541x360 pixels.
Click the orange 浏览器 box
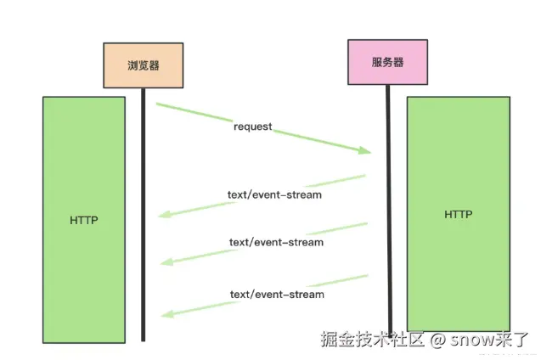[144, 65]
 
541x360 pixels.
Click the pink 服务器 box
[388, 62]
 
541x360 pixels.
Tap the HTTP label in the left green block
[84, 220]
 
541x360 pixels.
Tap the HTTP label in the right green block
[459, 215]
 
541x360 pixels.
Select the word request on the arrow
[253, 127]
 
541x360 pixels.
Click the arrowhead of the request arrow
[365, 150]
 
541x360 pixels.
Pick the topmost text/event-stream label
[274, 194]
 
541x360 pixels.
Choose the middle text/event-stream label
[276, 243]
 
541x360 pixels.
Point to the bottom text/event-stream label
[277, 295]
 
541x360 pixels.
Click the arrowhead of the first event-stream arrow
[165, 215]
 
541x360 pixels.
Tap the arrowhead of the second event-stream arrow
[166, 262]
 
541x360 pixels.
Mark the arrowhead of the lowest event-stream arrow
[167, 314]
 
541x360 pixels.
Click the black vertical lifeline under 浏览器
[144, 215]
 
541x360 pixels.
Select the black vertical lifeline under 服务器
[389, 211]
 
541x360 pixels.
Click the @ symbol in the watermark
[437, 340]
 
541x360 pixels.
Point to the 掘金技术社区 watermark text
[372, 339]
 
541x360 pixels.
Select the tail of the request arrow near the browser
[156, 104]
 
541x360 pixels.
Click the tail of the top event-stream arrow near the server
[364, 176]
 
